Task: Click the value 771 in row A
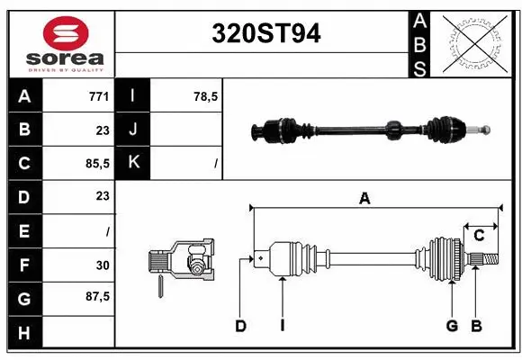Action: point(99,96)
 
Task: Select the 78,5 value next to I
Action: point(206,96)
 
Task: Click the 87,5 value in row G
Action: point(96,296)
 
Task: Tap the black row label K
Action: point(133,163)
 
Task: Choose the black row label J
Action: point(133,130)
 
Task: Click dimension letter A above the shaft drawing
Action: point(364,199)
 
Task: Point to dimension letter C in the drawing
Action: point(479,235)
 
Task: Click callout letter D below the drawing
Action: point(240,326)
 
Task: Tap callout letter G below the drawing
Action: point(452,326)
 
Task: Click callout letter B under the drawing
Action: point(477,326)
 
